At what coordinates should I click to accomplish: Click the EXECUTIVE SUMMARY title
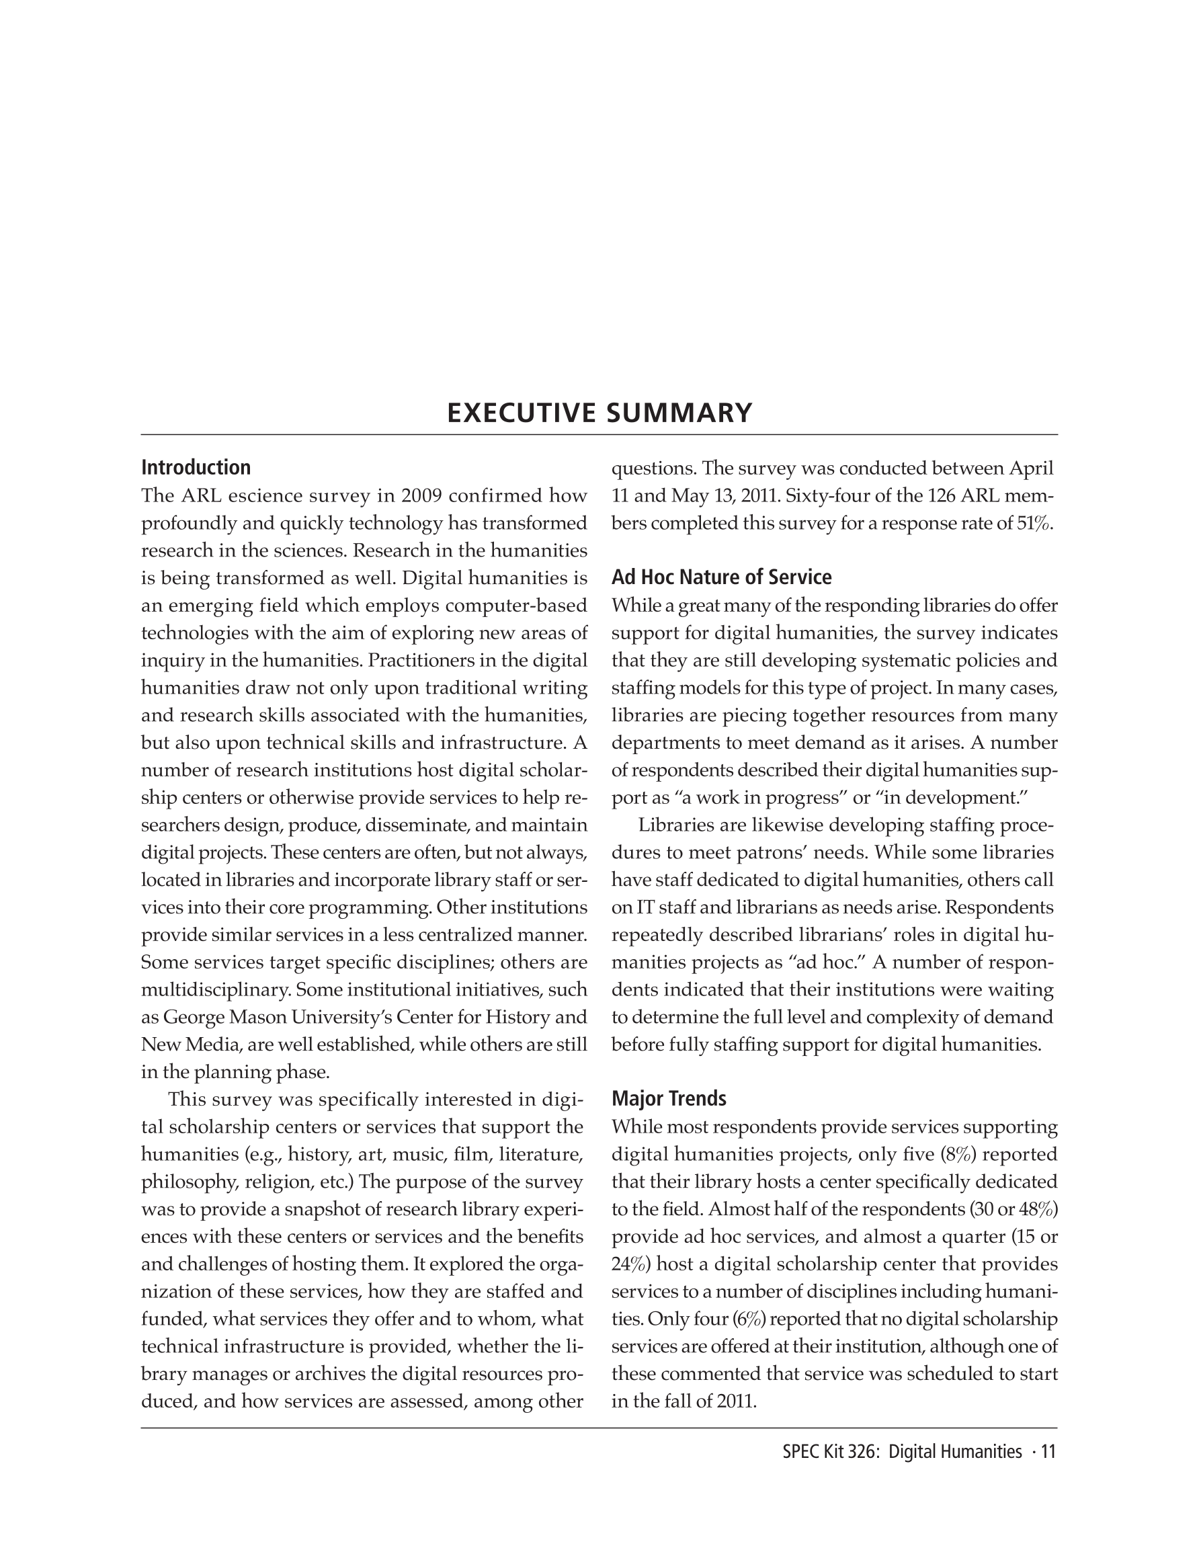pos(599,413)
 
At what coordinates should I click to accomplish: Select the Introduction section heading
pos(196,468)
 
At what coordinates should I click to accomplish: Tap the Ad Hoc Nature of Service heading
pos(721,577)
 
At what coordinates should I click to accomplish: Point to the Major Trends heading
pos(669,1098)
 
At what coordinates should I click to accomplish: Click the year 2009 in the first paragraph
pos(422,496)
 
